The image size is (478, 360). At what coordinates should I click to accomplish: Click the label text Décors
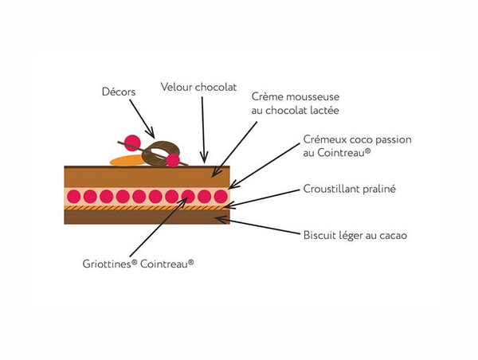(x=119, y=92)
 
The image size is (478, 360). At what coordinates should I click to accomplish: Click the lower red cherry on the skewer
(x=173, y=161)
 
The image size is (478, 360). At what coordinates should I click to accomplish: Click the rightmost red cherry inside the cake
(x=221, y=196)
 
